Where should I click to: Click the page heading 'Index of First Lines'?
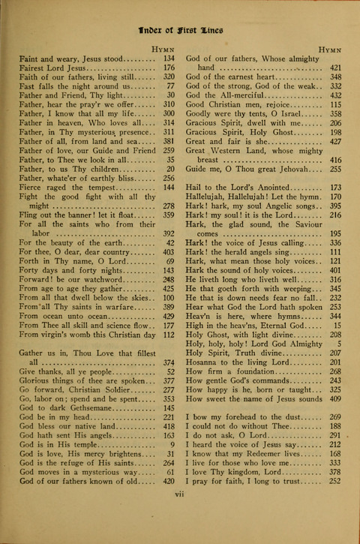[x=181, y=31]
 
